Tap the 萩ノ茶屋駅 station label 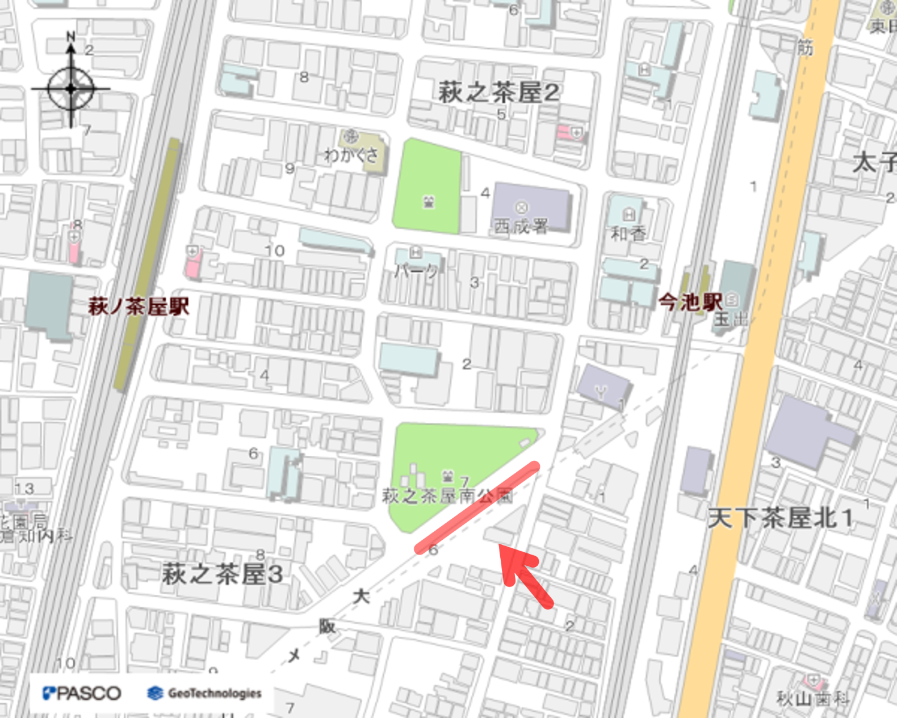(138, 307)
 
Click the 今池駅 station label (690, 302)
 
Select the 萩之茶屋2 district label (498, 93)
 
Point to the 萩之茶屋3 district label (222, 574)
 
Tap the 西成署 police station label (521, 226)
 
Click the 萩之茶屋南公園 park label (447, 496)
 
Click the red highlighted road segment (477, 507)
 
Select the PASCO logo (82, 693)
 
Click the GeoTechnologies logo (204, 693)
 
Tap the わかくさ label (351, 154)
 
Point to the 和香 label (628, 233)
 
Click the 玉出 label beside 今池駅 (730, 319)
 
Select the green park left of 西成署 (427, 186)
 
